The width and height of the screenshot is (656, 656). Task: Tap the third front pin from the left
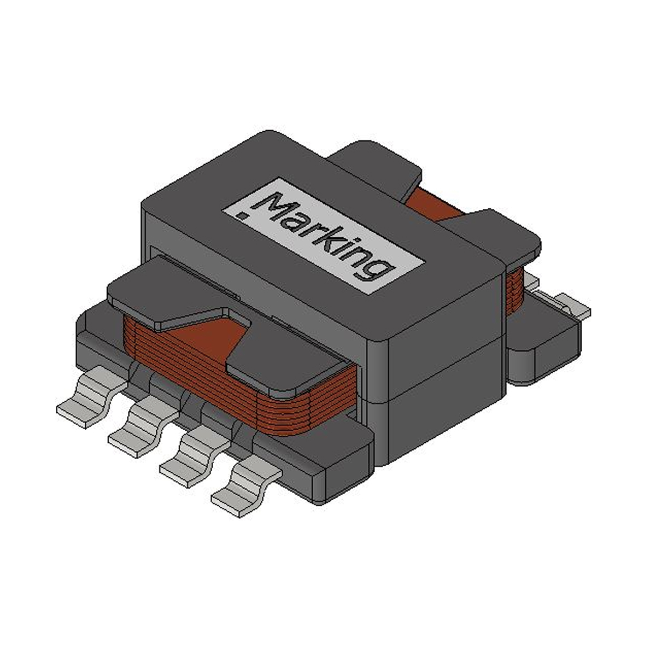pos(191,456)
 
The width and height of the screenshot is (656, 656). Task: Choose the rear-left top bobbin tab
pos(377,164)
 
